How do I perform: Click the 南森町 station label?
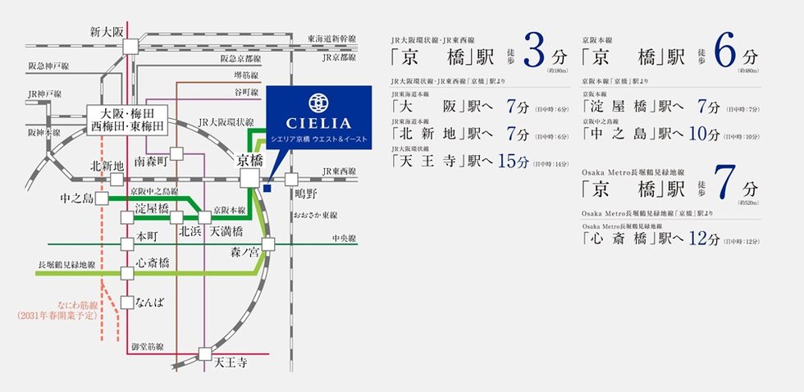(152, 162)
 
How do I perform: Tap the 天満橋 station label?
(226, 232)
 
